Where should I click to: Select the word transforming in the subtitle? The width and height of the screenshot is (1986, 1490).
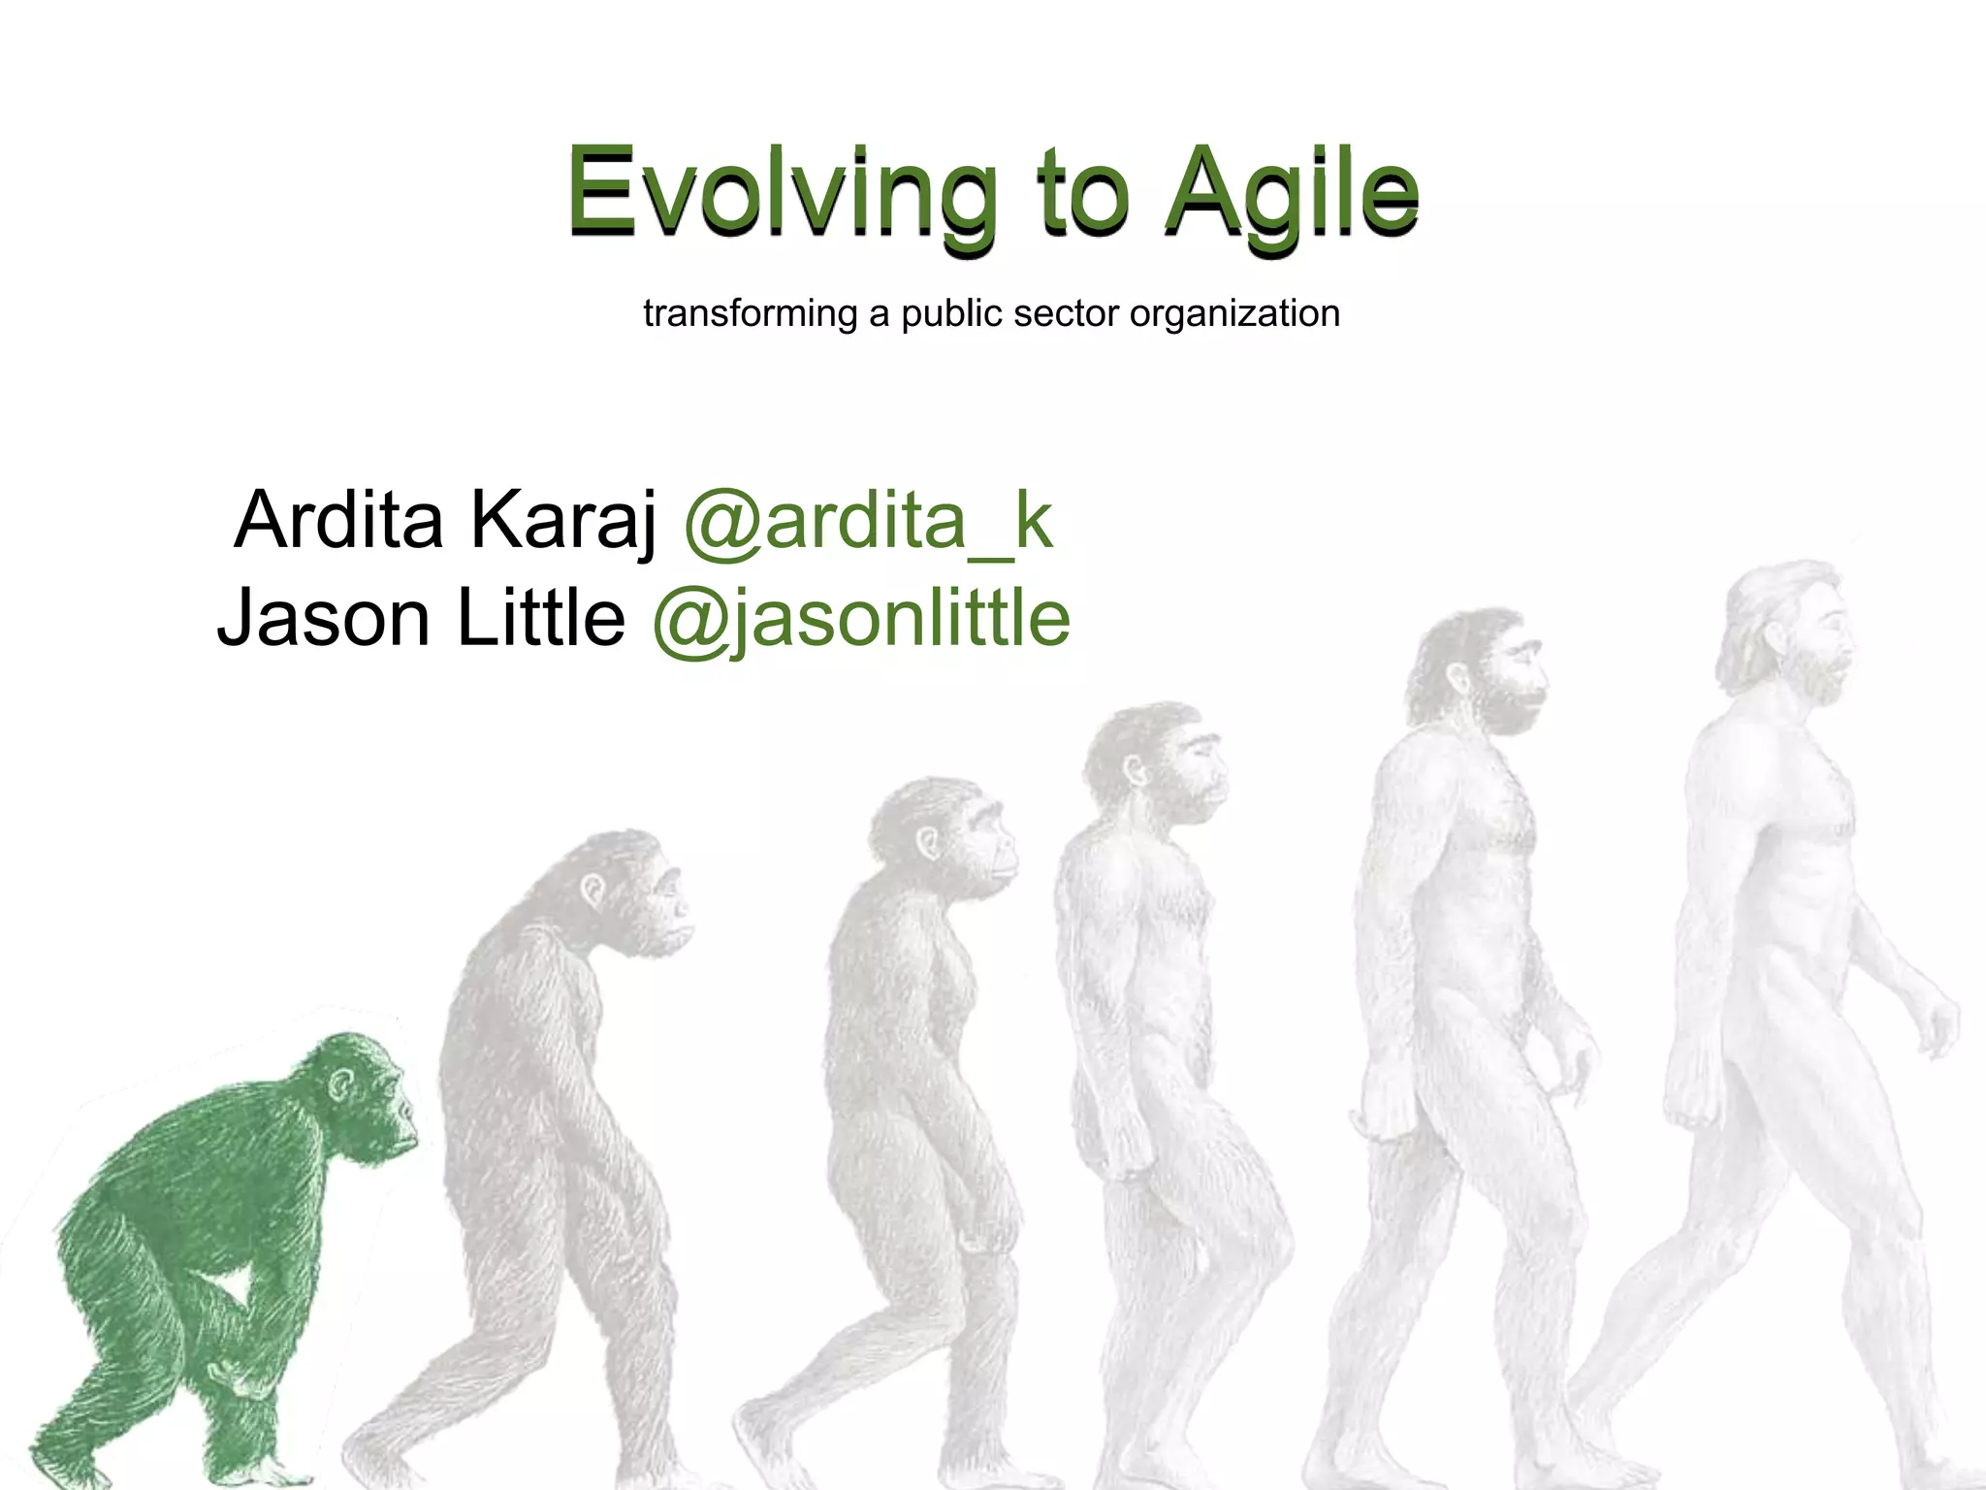751,314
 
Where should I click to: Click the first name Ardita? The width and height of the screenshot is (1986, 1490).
338,520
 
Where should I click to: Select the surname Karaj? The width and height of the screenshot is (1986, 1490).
563,522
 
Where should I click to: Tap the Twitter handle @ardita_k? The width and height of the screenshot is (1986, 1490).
868,522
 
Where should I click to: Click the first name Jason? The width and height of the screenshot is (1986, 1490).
323,619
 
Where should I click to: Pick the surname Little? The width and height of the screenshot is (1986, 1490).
540,617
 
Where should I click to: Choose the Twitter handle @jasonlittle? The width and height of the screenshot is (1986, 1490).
861,619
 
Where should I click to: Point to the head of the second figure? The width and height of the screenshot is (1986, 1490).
630,892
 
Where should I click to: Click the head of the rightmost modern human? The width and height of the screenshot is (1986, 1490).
1794,631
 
